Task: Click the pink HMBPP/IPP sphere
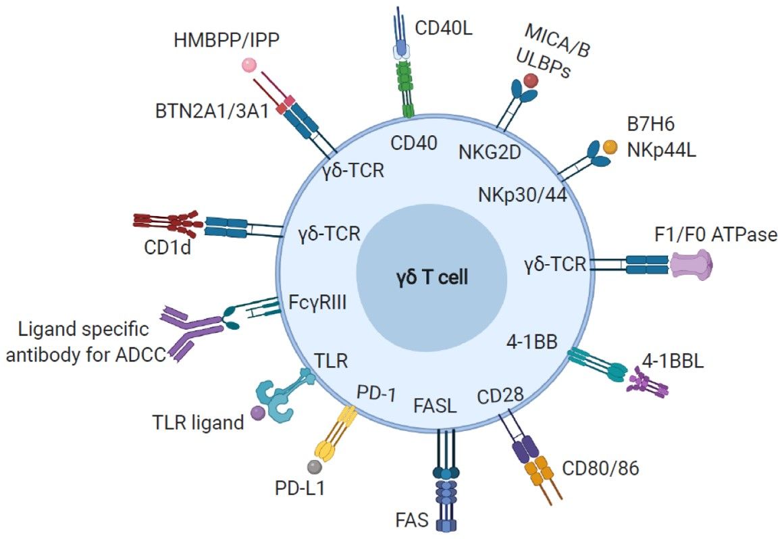[x=249, y=66]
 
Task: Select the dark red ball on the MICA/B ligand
[x=531, y=80]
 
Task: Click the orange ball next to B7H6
[x=610, y=147]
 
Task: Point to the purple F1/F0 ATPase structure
[x=691, y=264]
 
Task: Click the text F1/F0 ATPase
[x=716, y=234]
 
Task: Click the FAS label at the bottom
[x=411, y=521]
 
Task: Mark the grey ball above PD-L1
[x=313, y=465]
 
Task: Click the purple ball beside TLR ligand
[x=257, y=413]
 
